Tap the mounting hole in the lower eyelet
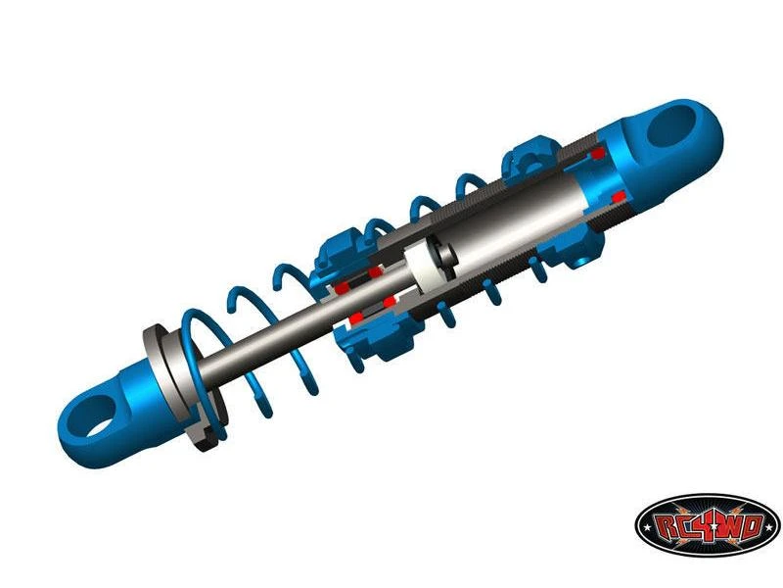click(95, 416)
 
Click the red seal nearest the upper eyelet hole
click(598, 154)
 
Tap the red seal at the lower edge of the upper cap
click(619, 196)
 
